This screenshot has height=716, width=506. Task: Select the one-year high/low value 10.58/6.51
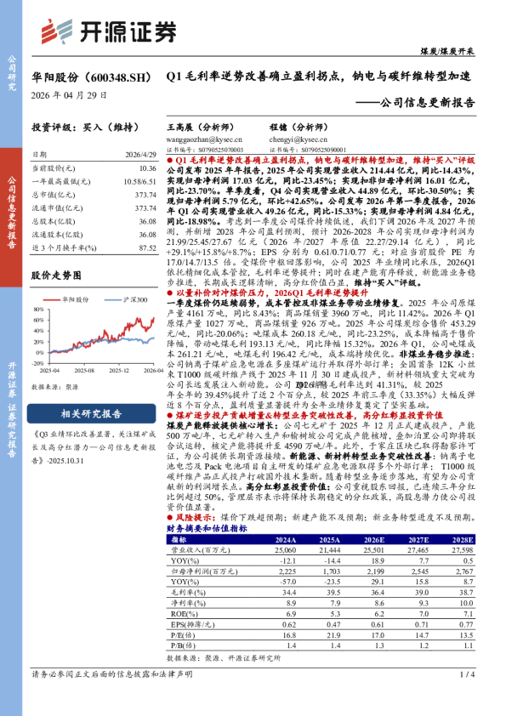[139, 181]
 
